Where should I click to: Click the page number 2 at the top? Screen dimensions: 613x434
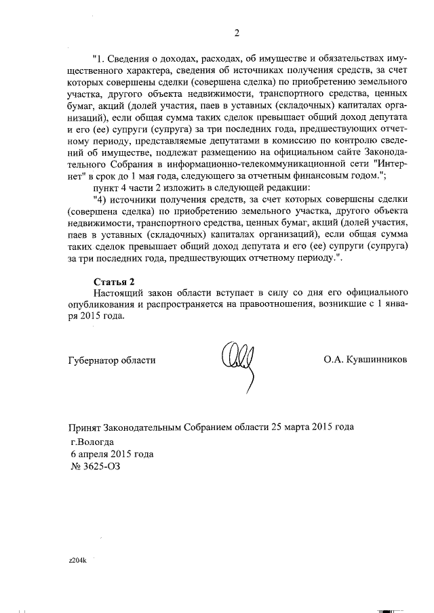[x=237, y=33]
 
